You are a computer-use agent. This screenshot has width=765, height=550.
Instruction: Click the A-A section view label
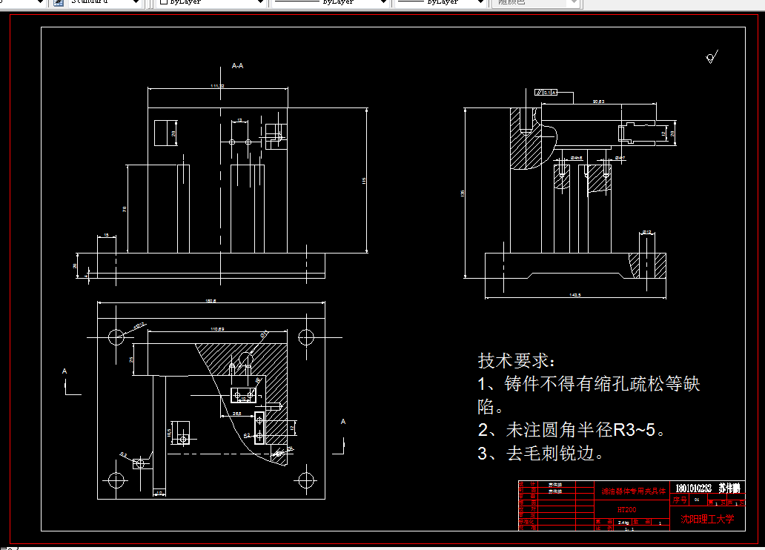(238, 66)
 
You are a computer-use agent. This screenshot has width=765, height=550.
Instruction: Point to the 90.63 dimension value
(598, 101)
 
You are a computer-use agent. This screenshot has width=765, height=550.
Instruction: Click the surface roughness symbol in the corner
(712, 57)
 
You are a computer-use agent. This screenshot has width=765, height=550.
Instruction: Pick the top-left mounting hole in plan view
(116, 337)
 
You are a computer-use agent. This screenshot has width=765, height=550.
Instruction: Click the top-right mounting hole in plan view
(305, 337)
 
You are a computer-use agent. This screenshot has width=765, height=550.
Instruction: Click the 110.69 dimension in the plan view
(217, 328)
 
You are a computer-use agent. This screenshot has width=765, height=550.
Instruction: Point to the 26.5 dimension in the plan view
(236, 413)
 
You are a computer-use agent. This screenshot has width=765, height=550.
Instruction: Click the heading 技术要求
(516, 361)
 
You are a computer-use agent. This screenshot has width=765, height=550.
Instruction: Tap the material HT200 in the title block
(627, 510)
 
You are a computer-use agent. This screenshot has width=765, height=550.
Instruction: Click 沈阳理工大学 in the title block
(707, 520)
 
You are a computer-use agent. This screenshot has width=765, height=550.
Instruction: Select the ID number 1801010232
(693, 488)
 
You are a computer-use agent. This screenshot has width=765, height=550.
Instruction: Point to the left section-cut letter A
(64, 370)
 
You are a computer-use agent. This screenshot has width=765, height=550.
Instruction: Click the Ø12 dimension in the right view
(646, 233)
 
